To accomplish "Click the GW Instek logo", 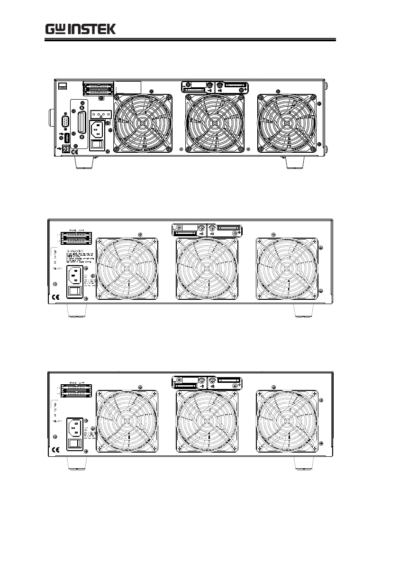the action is coord(81,29).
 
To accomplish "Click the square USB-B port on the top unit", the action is coord(66,148).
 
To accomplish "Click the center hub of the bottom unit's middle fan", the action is coord(207,421).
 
